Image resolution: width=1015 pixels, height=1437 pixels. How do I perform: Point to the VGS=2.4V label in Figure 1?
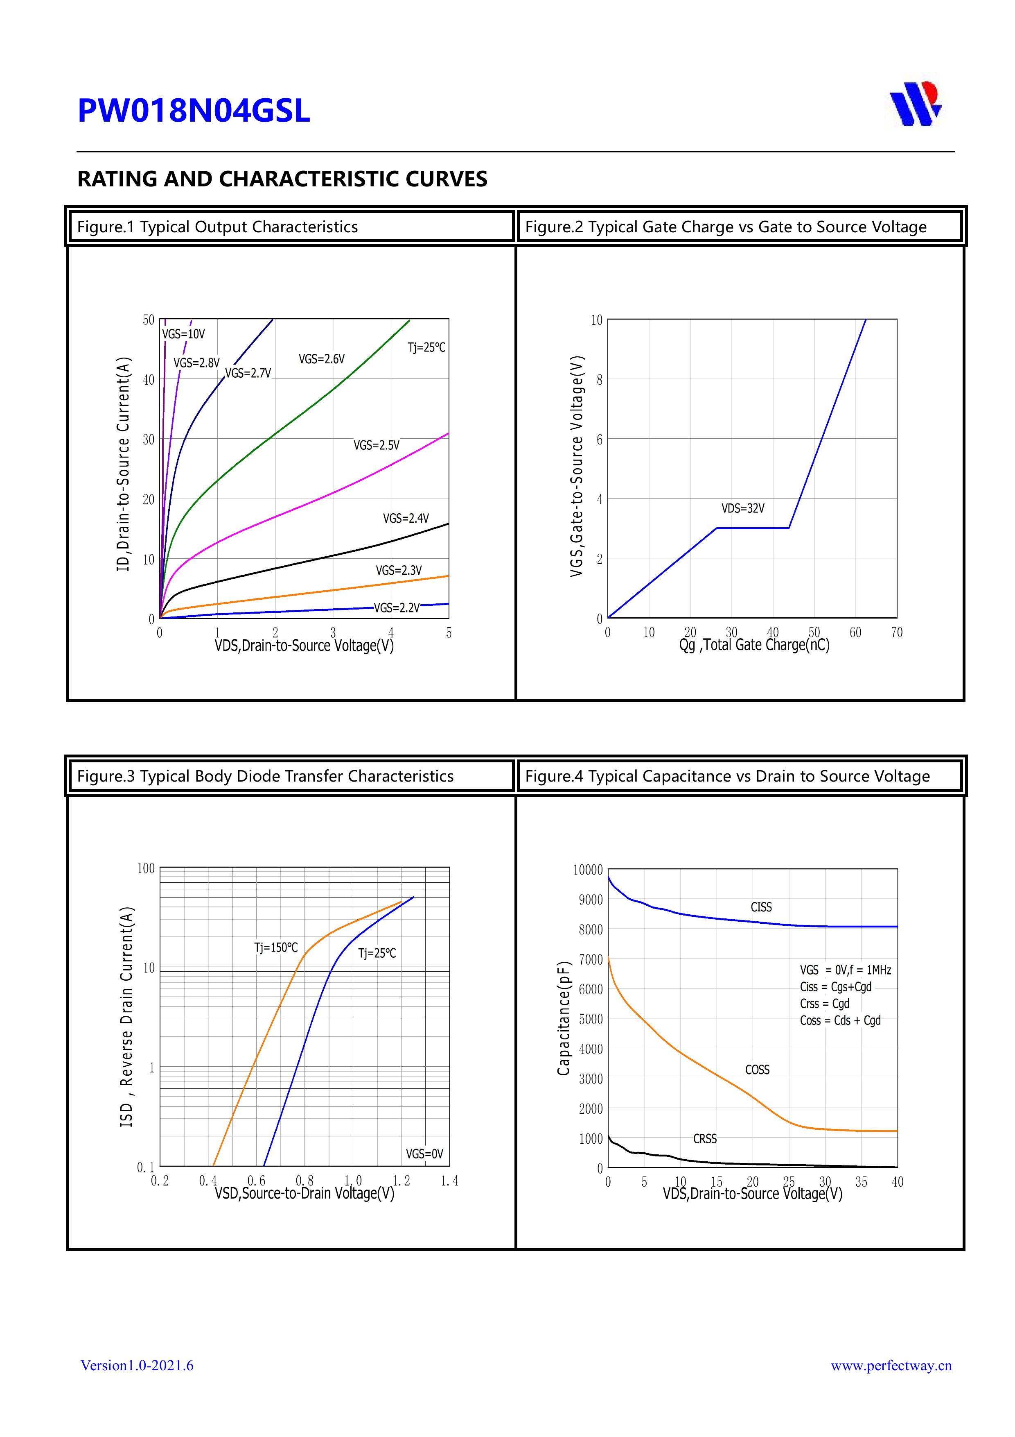point(406,518)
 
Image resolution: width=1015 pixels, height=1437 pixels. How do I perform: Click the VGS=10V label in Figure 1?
point(183,334)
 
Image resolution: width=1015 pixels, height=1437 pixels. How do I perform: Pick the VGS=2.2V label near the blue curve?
point(397,608)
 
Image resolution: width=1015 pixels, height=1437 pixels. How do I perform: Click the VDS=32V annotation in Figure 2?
point(743,508)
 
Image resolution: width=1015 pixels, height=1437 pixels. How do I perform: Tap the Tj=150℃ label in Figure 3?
point(276,947)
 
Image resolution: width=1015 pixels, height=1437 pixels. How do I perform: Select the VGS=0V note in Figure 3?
point(424,1154)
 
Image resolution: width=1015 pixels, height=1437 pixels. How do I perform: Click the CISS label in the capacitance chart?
point(761,907)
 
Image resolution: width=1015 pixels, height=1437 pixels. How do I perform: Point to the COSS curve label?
point(757,1070)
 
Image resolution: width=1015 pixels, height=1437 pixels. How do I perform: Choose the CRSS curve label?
point(705,1138)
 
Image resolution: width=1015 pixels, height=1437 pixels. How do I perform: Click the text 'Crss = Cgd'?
point(824,1003)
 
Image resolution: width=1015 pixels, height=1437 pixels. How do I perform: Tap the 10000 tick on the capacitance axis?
point(588,870)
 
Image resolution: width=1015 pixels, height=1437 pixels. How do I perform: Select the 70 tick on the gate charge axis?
point(897,633)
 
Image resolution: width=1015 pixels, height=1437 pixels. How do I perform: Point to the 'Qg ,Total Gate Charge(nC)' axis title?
point(754,645)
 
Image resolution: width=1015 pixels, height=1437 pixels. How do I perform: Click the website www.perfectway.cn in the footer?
point(891,1365)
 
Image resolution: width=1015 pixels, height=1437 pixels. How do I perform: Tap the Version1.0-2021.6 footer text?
point(137,1365)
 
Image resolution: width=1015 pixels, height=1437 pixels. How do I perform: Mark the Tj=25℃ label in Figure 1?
point(426,347)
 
